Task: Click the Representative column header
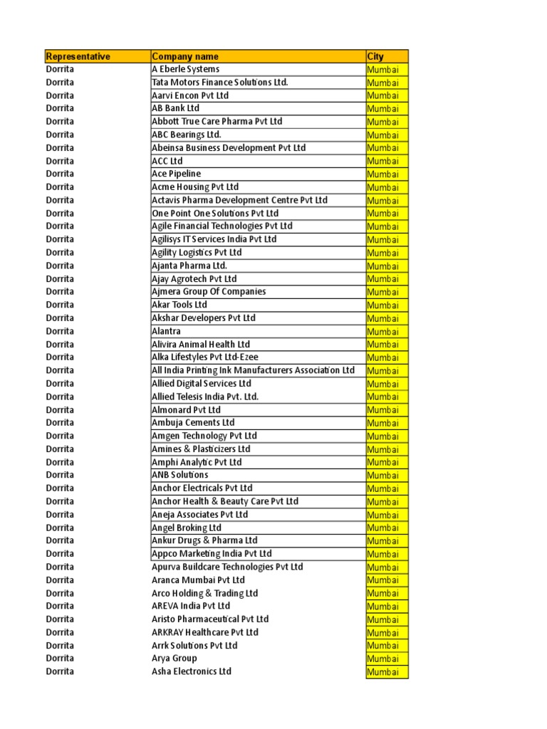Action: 78,56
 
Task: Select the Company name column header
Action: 185,56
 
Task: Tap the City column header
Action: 375,56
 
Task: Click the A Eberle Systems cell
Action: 185,69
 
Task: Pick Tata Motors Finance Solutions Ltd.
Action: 219,83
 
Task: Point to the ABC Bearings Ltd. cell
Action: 186,135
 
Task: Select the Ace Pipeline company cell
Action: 176,174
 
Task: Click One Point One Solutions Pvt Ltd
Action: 214,213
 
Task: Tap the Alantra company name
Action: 166,331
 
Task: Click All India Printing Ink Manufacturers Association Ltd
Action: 253,370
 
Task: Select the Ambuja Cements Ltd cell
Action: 192,423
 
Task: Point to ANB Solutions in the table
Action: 179,475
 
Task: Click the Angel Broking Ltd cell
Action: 186,528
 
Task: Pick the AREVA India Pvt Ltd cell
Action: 191,606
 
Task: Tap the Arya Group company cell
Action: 174,659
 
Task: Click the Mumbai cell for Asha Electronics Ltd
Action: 383,672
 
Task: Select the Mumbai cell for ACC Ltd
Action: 383,161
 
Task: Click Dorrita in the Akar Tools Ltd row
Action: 60,305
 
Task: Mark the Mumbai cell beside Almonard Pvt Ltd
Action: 383,410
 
